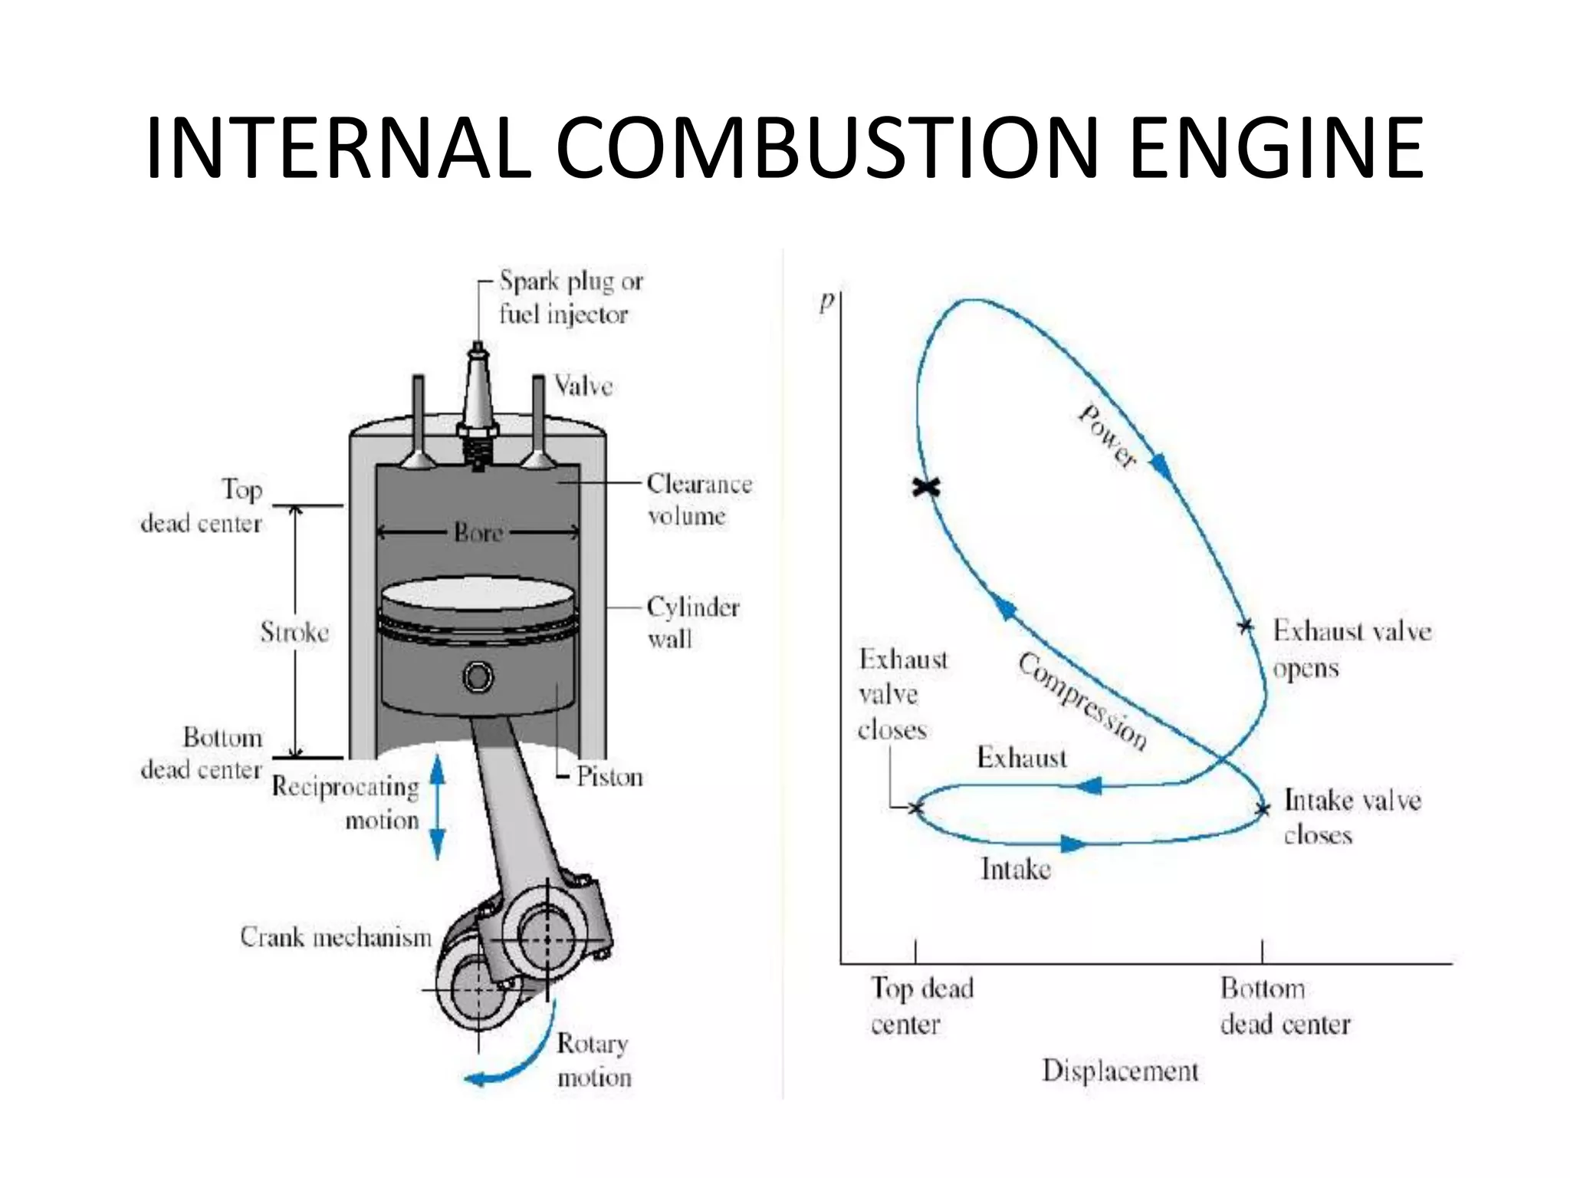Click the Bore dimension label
[478, 532]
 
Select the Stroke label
[294, 633]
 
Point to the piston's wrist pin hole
[478, 676]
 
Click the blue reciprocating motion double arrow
[437, 807]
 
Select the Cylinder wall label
[692, 622]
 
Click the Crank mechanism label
[336, 937]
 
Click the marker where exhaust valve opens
[1246, 627]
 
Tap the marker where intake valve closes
[1263, 809]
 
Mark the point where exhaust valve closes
[915, 807]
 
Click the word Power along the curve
[1107, 436]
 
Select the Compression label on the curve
[1082, 701]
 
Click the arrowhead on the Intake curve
[1072, 844]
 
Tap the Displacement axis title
[1119, 1071]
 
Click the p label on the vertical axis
[826, 301]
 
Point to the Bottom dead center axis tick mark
[1262, 951]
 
